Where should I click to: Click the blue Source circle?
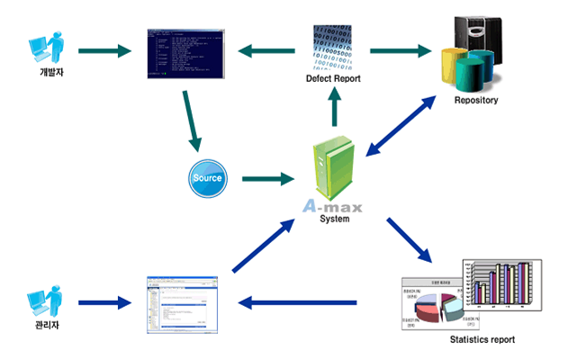coord(208,179)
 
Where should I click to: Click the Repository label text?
coord(475,100)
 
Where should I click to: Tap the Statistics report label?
coord(483,340)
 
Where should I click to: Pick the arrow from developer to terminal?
coord(105,50)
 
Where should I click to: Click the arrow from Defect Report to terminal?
coord(267,50)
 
